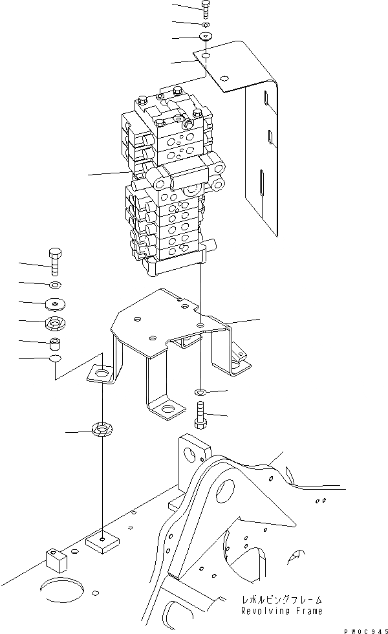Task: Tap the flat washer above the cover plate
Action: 206,36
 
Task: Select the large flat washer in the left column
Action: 55,302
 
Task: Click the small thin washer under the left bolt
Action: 55,284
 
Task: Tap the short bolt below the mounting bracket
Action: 200,414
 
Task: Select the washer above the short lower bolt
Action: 200,392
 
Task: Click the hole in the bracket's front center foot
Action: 167,408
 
